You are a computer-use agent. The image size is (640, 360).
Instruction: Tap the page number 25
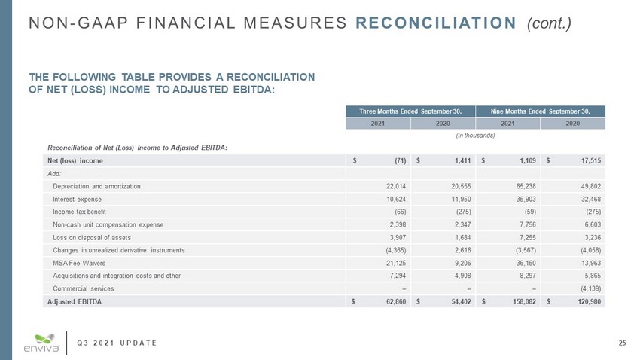click(622, 344)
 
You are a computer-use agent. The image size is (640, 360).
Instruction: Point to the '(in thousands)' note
click(476, 136)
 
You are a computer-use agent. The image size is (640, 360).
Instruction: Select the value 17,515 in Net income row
click(591, 161)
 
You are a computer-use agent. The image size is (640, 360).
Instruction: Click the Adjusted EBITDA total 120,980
click(590, 301)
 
